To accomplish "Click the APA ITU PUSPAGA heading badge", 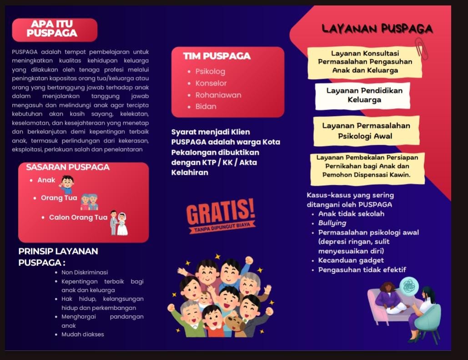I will tap(55, 30).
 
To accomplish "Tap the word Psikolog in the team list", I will tap(210, 71).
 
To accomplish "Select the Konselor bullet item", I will tap(211, 83).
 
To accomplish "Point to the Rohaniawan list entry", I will tap(218, 95).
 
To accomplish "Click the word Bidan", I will tap(206, 106).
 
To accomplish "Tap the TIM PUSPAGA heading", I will tap(216, 56).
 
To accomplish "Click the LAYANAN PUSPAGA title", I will tap(377, 29).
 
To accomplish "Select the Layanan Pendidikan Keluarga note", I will tap(364, 95).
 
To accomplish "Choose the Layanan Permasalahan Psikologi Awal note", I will tap(366, 131).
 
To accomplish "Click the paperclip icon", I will tap(421, 49).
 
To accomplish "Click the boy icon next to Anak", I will tap(67, 184).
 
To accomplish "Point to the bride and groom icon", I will tap(118, 223).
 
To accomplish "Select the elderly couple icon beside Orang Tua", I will tap(89, 201).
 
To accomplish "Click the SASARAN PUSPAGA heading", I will tap(68, 167).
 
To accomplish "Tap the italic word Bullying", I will tap(332, 223).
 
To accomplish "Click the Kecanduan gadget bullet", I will tap(351, 260).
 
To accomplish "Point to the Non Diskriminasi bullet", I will tap(85, 272).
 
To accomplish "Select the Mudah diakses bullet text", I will tap(83, 334).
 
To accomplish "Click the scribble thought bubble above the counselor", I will tap(408, 286).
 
